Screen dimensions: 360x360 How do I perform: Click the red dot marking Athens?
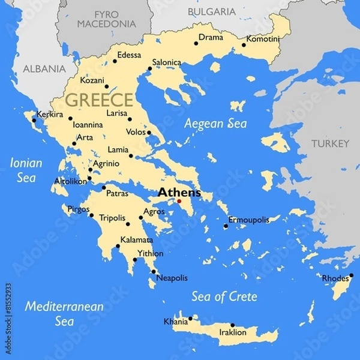[x=179, y=201]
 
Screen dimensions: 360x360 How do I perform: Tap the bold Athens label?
[x=179, y=193]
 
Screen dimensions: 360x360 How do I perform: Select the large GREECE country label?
[x=99, y=100]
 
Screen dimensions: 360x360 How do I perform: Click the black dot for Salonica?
[x=149, y=68]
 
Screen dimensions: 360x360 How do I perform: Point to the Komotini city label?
[x=263, y=39]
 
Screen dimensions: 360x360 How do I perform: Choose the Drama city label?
[x=211, y=37]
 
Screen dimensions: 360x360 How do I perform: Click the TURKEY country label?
[x=329, y=144]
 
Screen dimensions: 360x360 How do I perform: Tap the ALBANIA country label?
[x=44, y=69]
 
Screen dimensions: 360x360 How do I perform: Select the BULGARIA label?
[x=211, y=11]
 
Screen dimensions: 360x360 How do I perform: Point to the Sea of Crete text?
[x=224, y=296]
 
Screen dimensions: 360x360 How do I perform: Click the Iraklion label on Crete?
[x=233, y=332]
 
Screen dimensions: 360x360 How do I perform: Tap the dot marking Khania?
[x=190, y=319]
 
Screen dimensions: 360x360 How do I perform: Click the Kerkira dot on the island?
[x=34, y=121]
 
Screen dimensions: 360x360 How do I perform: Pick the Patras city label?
[x=116, y=194]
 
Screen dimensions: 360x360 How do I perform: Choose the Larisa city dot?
[x=130, y=119]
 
